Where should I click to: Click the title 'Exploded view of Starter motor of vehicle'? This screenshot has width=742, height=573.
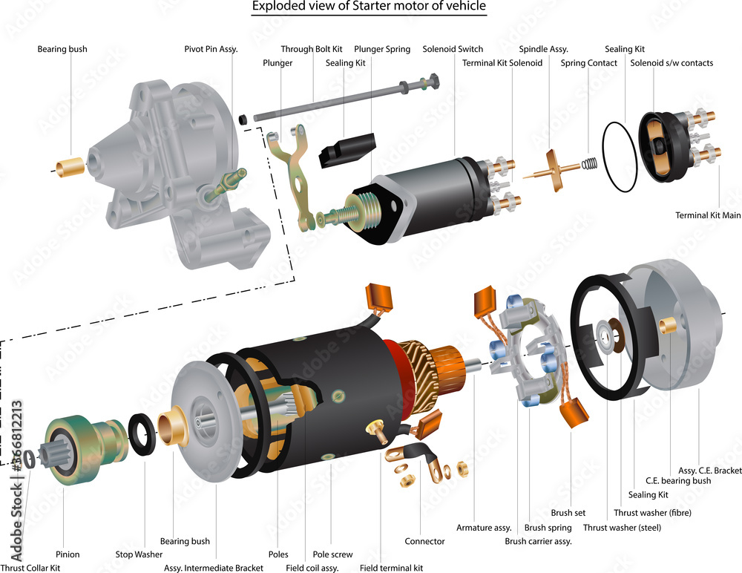pos(369,7)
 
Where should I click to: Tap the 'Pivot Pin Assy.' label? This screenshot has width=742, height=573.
pos(211,49)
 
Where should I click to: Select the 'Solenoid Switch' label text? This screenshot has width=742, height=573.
pos(453,49)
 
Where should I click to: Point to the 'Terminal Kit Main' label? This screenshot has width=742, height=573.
pos(708,215)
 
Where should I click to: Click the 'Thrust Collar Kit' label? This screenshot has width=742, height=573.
pos(30,568)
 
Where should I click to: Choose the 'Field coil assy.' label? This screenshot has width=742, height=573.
pos(312,568)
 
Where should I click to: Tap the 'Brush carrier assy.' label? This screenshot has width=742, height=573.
pos(538,541)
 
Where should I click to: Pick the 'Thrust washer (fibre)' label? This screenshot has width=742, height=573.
pos(652,513)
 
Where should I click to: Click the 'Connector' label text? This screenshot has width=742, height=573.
pos(424,541)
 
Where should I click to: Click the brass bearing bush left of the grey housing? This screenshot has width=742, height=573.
pos(70,167)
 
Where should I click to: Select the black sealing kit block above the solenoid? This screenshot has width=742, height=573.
pos(347,150)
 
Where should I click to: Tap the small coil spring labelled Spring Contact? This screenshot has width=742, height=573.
pos(589,163)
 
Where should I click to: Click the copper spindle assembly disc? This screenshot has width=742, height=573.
pos(553,171)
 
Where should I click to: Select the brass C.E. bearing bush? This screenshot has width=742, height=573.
pos(667,325)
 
